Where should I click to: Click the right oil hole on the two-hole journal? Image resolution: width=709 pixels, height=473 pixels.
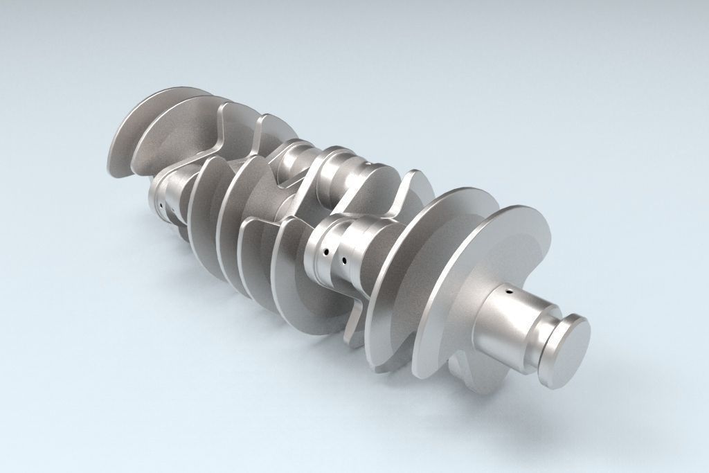pyautogui.click(x=343, y=261)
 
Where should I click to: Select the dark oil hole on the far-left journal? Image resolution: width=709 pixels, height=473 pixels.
pyautogui.click(x=160, y=206)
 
